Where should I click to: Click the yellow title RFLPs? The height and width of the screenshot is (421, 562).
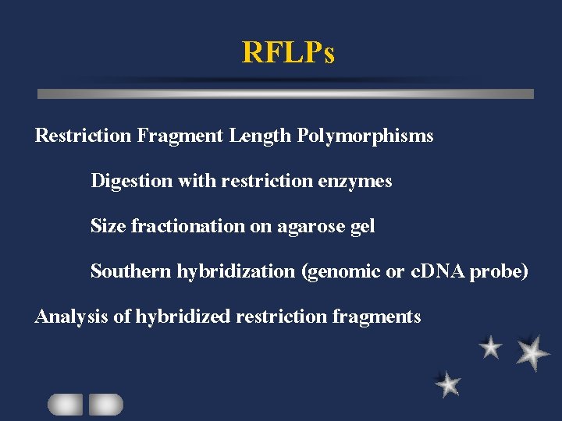point(288,53)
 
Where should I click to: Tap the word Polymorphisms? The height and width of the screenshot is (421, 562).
point(365,136)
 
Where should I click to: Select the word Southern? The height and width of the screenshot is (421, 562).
point(130,271)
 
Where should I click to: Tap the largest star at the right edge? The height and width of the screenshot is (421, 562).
point(532,352)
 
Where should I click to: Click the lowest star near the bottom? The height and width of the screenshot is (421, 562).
point(448,384)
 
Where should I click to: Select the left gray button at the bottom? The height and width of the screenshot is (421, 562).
point(65,404)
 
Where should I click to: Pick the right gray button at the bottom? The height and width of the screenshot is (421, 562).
point(105,404)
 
